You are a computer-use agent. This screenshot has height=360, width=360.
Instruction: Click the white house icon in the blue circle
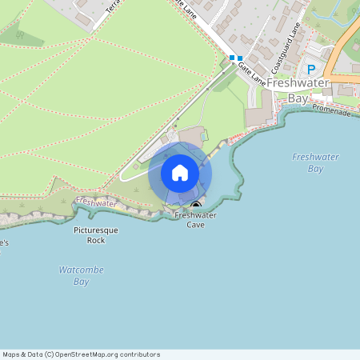point(180,173)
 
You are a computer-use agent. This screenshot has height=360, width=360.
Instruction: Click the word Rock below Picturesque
point(96,240)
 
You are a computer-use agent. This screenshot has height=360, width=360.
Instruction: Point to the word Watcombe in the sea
point(82,270)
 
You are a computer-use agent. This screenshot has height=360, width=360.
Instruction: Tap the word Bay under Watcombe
point(82,282)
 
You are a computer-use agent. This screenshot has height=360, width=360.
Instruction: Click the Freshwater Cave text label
point(190,220)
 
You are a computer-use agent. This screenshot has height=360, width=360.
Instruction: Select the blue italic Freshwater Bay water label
point(315,162)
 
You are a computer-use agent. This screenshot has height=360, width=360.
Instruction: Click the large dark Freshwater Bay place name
point(298,90)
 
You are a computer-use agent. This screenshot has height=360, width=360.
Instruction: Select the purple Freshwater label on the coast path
point(98,203)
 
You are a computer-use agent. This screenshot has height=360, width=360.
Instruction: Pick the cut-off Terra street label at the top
point(111,7)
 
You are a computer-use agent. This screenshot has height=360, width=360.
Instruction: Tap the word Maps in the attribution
point(12,354)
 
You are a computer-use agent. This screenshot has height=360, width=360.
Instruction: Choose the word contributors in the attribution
point(139,354)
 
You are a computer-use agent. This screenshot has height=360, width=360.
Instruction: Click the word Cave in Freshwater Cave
point(195,225)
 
